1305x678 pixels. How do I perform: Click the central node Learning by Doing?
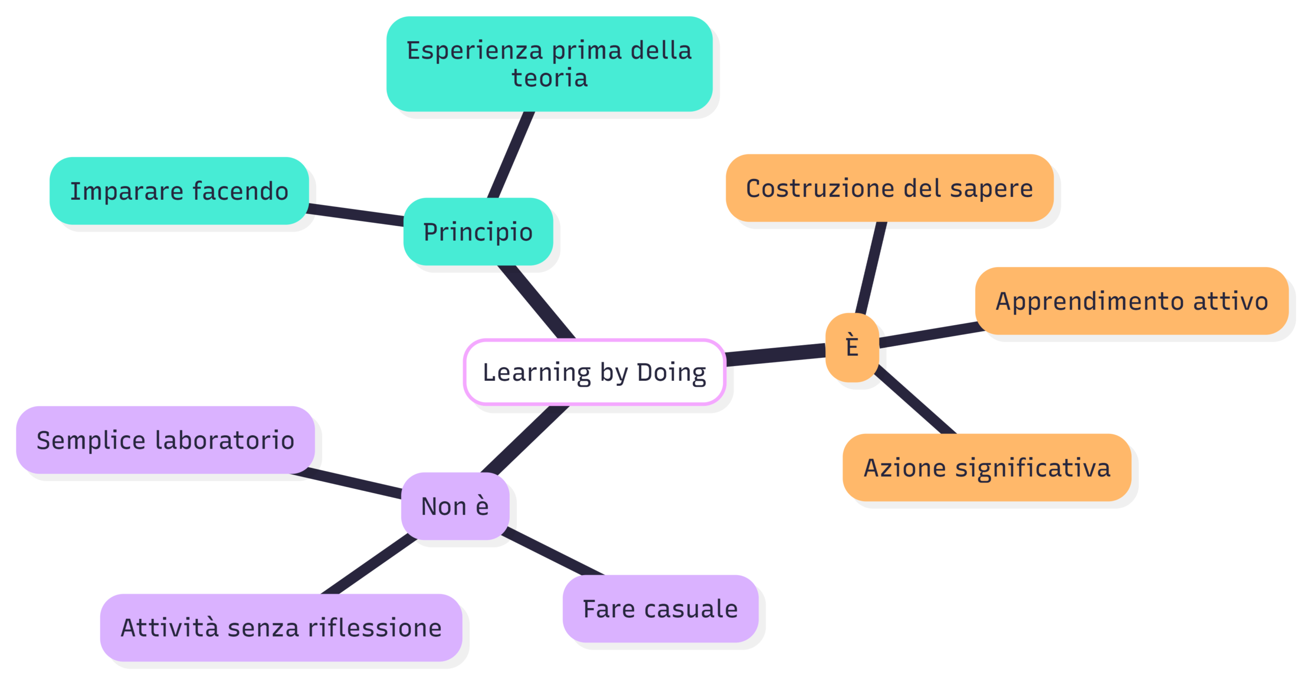point(594,372)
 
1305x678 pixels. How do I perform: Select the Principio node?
point(478,231)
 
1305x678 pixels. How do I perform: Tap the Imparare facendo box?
point(179,191)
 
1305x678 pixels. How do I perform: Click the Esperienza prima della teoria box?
point(549,64)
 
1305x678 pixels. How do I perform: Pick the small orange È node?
point(852,347)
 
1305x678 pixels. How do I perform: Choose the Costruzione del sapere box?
point(890,188)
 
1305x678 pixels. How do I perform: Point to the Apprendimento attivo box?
point(1132,301)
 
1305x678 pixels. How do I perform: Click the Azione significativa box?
point(987,467)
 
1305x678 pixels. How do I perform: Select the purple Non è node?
point(455,506)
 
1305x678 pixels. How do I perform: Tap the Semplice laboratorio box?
point(165,440)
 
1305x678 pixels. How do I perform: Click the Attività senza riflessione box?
point(281,628)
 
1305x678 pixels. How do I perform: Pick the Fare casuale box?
point(660,609)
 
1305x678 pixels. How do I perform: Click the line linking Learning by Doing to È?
point(775,355)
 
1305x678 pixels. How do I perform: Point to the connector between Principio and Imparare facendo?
point(356,215)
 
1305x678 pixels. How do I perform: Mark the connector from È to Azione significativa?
point(915,400)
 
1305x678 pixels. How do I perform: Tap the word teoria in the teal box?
point(550,78)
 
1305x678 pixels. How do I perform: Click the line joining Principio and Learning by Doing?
point(536,302)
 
